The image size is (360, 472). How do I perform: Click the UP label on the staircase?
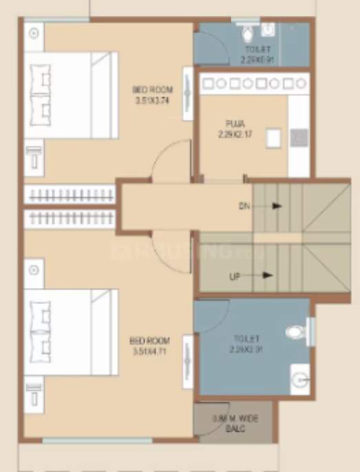[235, 276]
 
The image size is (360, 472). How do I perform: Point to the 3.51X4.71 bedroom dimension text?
[150, 351]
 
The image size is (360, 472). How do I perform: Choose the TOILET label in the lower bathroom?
[246, 338]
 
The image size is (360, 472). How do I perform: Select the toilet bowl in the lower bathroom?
[296, 332]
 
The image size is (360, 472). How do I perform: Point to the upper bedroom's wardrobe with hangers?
[69, 194]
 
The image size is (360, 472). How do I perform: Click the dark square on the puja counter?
[298, 138]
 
